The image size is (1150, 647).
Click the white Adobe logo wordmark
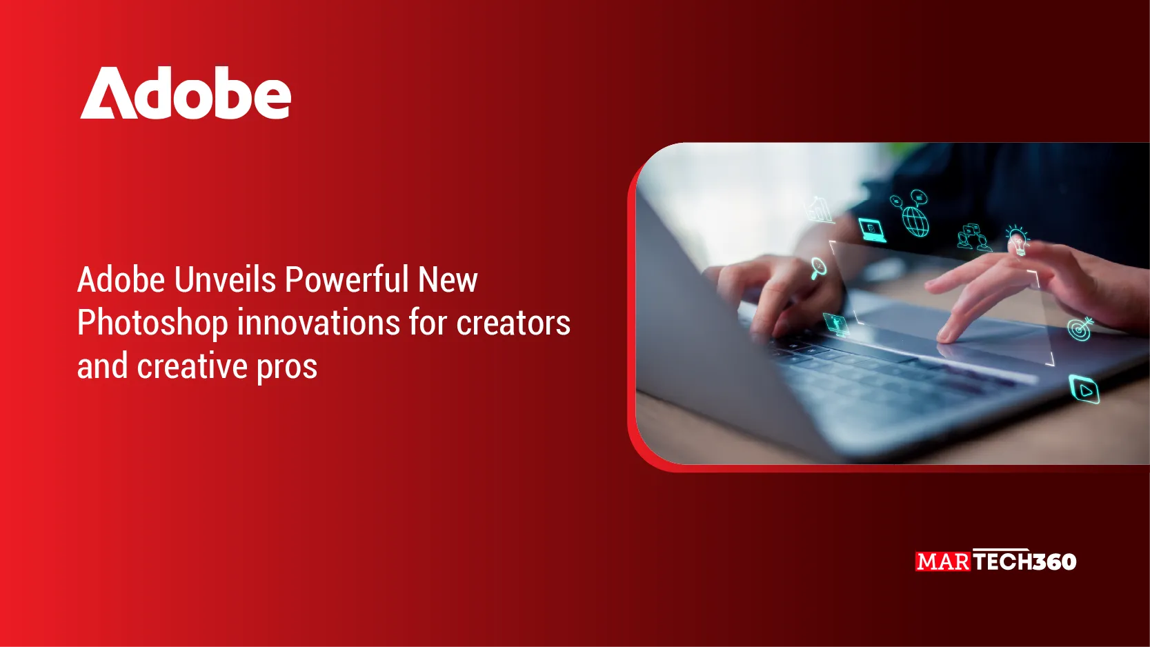186,93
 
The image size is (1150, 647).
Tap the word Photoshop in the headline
152,324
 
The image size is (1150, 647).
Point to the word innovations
318,323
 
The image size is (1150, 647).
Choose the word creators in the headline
513,324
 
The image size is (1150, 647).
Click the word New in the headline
448,280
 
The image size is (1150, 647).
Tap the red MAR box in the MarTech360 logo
943,561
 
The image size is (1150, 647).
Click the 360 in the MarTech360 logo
1054,561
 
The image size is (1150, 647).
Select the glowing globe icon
916,221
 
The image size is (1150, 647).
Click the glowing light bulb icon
1018,240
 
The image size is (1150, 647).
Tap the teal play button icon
1084,389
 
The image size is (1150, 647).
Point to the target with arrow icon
1080,329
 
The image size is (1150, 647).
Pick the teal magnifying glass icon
818,268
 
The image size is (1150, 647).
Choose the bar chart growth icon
819,210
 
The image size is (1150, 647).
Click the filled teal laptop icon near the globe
872,230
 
